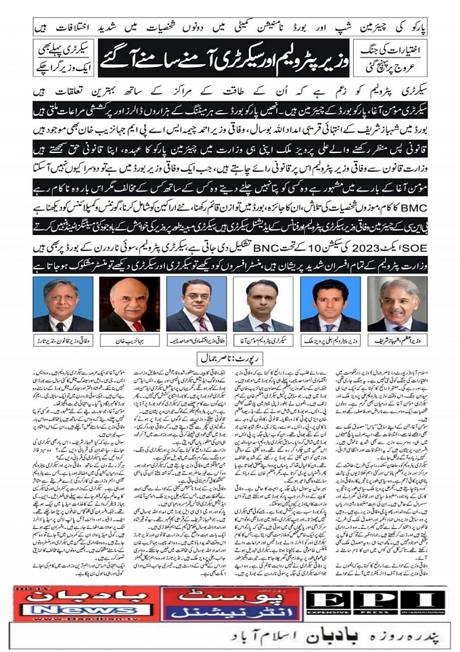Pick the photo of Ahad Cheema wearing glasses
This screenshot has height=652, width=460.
click(198, 305)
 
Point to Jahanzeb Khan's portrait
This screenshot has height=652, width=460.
click(129, 305)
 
